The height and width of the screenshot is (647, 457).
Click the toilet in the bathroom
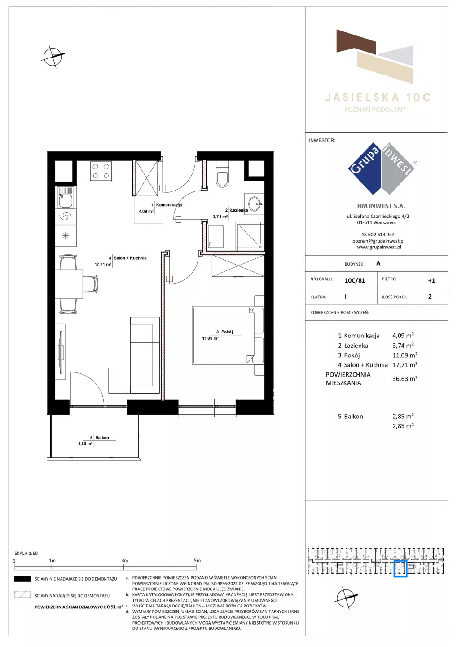point(222,174)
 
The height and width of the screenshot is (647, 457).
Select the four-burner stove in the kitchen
point(101,171)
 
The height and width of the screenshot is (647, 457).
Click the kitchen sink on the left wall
point(66,197)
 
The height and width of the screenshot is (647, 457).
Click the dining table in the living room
point(69,284)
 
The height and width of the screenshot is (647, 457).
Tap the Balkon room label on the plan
point(102,438)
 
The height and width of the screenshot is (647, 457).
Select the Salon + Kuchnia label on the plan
point(130,258)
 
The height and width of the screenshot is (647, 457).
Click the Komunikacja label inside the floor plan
point(169,205)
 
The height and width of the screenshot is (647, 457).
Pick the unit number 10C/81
point(355,280)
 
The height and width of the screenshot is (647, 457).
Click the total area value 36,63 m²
point(405,379)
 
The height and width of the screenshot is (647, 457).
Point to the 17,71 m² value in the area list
point(405,365)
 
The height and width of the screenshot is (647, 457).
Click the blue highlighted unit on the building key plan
point(400,569)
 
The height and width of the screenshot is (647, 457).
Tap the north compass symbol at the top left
point(53,57)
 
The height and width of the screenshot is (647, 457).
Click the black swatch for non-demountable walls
point(22,579)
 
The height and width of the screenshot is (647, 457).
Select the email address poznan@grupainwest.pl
point(378,241)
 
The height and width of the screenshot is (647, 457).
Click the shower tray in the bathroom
point(250,236)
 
